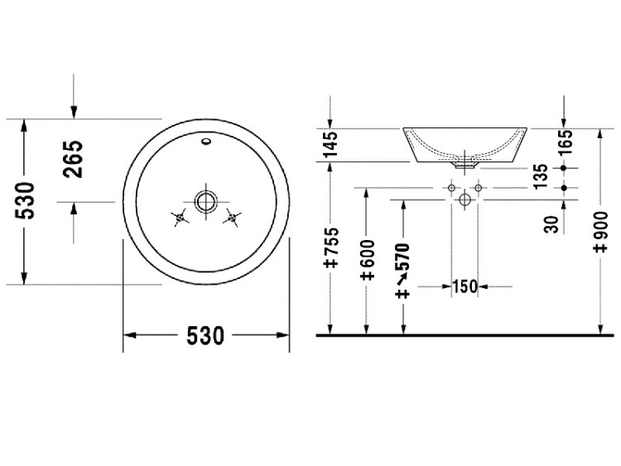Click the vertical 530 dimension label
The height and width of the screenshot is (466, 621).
(x=25, y=200)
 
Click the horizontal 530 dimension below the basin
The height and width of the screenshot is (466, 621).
(x=205, y=336)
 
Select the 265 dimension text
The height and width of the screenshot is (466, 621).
(x=73, y=159)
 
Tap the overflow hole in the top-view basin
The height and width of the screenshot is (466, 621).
(x=206, y=141)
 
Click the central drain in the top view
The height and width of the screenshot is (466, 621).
(x=206, y=201)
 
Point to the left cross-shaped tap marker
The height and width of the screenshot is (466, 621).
(x=180, y=218)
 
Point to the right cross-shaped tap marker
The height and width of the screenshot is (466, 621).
(x=232, y=218)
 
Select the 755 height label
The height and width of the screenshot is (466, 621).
(x=331, y=247)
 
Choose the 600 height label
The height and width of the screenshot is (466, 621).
(x=368, y=259)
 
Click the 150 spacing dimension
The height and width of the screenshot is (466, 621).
(x=465, y=286)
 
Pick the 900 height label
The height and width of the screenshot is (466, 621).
(x=601, y=232)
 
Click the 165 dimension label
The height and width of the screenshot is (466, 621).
(x=566, y=142)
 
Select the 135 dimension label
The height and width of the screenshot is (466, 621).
(x=540, y=176)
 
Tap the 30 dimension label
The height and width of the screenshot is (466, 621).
(x=551, y=224)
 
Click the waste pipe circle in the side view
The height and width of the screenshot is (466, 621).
(x=465, y=199)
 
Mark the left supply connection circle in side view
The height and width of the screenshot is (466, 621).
(x=451, y=188)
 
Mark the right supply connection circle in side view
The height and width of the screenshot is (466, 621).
(x=478, y=188)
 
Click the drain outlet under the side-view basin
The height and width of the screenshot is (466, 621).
(x=465, y=165)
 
